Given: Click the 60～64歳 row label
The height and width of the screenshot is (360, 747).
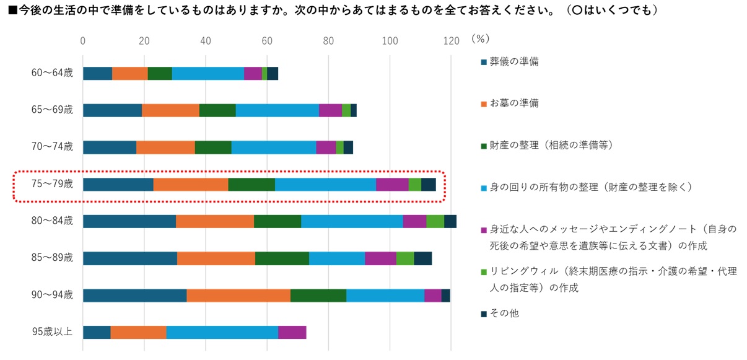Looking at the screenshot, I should point(52,73).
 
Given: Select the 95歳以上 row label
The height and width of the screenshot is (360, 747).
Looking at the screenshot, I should point(52,332).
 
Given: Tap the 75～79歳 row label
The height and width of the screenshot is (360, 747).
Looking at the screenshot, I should point(52,184).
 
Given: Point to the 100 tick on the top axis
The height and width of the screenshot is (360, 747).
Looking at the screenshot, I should point(390,41).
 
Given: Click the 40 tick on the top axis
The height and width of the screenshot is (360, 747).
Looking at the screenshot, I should point(206,41).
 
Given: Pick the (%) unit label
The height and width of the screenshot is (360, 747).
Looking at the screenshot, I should point(480,39).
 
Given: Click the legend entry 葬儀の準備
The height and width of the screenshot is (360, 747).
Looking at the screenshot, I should point(513,61).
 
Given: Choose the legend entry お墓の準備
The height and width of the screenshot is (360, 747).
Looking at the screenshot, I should point(513,103).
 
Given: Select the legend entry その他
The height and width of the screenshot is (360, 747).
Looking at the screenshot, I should point(504,314).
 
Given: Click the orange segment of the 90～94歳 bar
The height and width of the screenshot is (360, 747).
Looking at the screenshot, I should point(238,295).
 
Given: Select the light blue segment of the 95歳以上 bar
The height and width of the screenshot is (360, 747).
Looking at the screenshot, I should point(222,332).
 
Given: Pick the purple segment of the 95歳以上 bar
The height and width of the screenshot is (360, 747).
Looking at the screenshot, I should point(292,332).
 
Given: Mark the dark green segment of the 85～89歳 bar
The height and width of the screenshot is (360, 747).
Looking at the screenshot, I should point(282,258).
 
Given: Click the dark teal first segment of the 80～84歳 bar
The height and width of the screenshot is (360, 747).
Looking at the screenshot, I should point(129,221).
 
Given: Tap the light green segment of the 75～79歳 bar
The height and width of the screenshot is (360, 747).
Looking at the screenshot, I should point(414,184).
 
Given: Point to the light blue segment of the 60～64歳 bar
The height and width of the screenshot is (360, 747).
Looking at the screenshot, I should point(208,73).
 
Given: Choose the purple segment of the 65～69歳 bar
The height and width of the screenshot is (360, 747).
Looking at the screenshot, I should point(330,110).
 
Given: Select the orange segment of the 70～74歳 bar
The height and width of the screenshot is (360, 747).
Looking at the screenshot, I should point(165,147).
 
